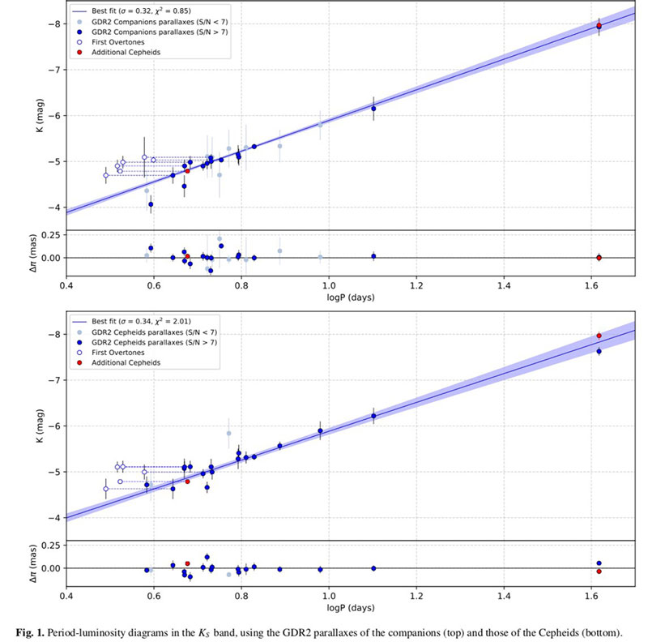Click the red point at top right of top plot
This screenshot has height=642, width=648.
click(x=599, y=26)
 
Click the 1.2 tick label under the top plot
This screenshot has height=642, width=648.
click(x=416, y=285)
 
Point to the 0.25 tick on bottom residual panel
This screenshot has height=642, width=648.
click(x=50, y=546)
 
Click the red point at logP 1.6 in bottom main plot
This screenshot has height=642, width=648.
click(x=599, y=336)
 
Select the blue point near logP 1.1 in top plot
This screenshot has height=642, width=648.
click(x=373, y=109)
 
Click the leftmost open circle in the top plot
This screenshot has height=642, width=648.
click(x=106, y=175)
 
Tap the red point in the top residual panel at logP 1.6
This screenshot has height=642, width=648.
click(x=599, y=258)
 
